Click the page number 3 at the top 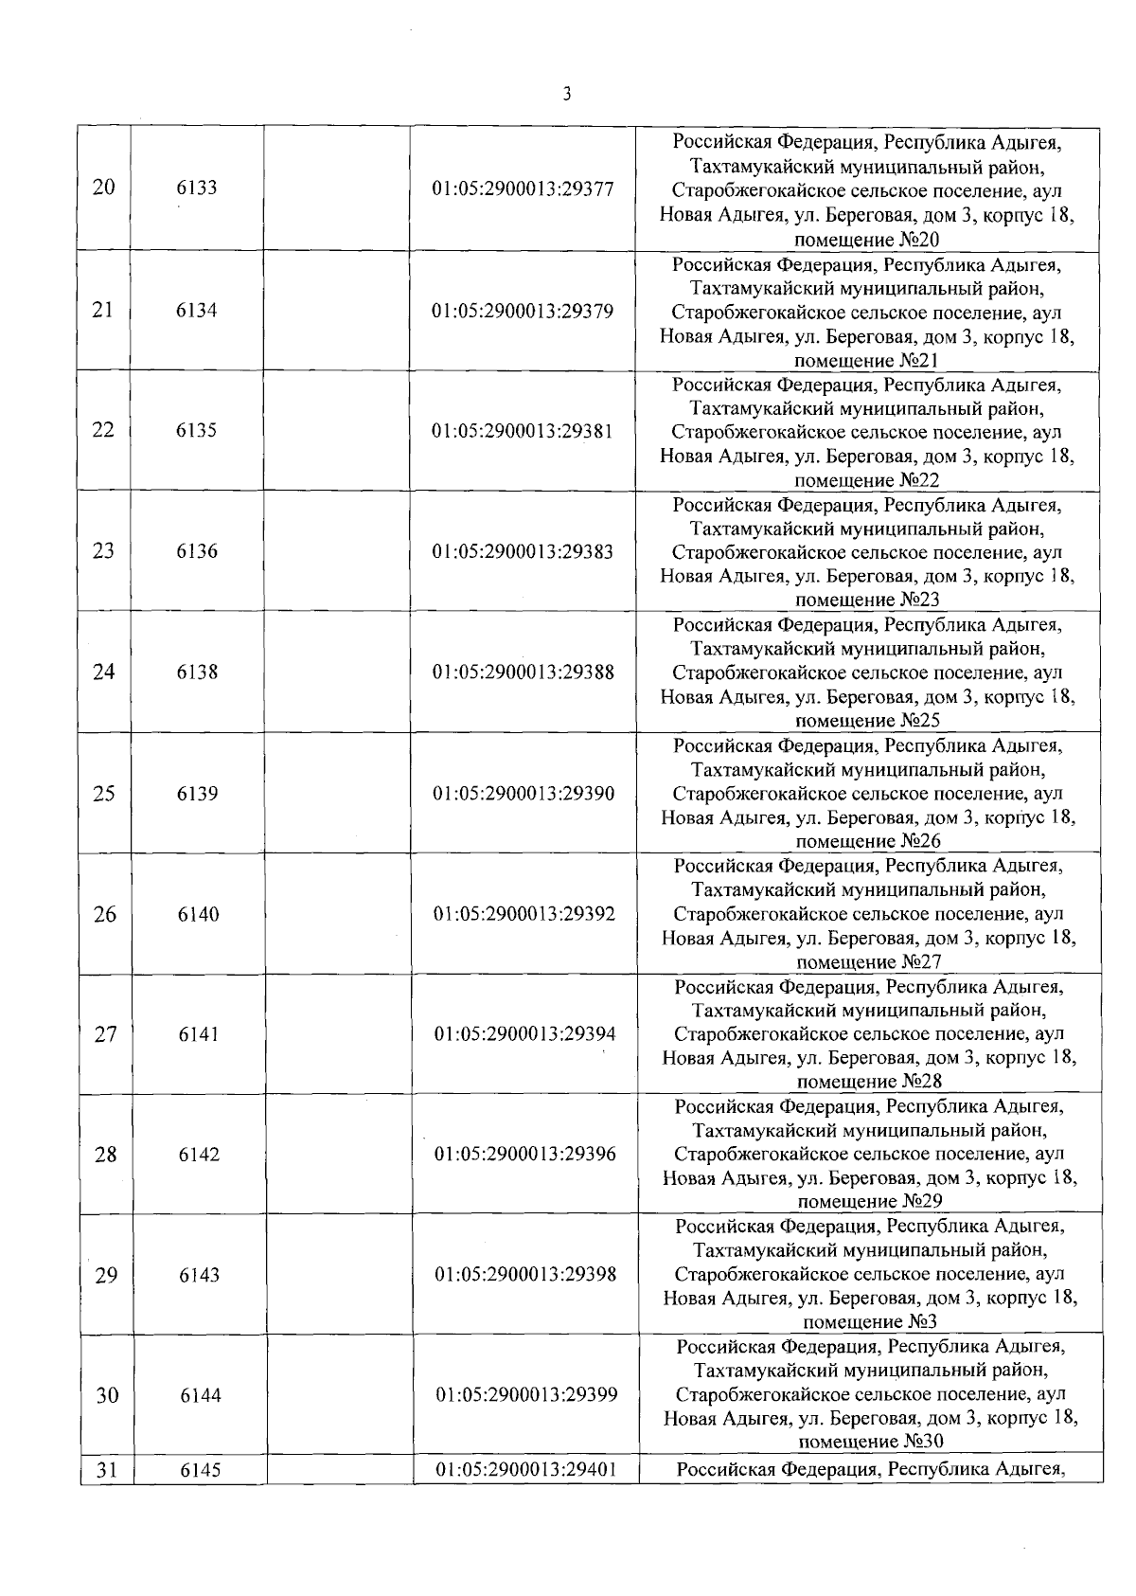(x=566, y=94)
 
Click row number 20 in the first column (x=104, y=188)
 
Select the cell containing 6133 (x=197, y=188)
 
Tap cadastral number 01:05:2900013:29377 (x=524, y=189)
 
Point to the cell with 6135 (x=197, y=431)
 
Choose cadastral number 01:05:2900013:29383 (x=524, y=551)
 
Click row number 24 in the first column (x=104, y=672)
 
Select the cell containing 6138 (x=197, y=672)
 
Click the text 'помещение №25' (x=868, y=721)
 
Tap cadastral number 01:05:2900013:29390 (x=524, y=794)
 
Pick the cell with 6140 (x=198, y=914)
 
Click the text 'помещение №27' (x=869, y=962)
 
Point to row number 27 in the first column (x=105, y=1034)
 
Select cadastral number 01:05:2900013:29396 (x=524, y=1155)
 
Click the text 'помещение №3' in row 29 (x=869, y=1322)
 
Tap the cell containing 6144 (x=200, y=1395)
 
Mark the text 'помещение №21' (x=867, y=361)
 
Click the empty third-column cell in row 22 (x=337, y=431)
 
